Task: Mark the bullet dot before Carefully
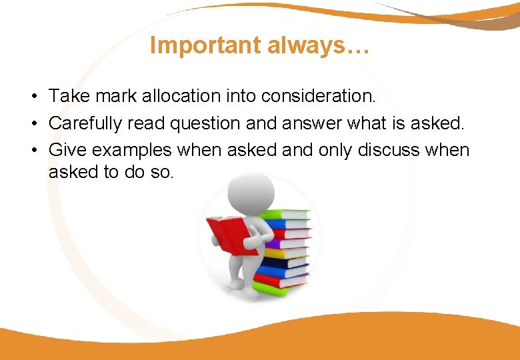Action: (x=32, y=124)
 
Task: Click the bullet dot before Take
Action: (x=32, y=97)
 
